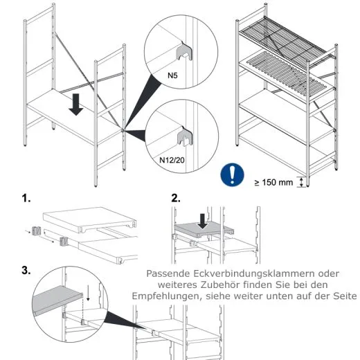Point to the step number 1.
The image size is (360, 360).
point(26,198)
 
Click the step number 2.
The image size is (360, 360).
point(176,198)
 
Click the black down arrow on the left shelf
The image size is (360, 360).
point(77,105)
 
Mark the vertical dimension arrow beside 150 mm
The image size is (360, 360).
point(300,182)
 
